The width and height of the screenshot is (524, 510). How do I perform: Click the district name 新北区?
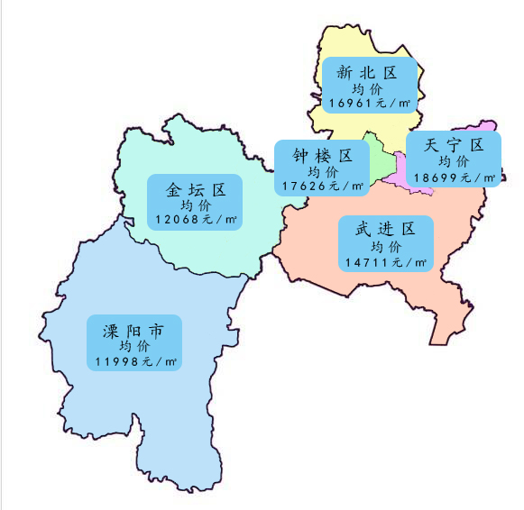[x=366, y=72]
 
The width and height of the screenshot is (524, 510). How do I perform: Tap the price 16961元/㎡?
[x=367, y=104]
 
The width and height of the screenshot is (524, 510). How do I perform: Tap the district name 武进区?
[x=385, y=229]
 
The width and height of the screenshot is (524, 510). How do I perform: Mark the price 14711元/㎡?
[x=385, y=262]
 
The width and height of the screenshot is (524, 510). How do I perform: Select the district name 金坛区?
[x=195, y=190]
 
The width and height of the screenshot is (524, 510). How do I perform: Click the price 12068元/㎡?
[x=195, y=219]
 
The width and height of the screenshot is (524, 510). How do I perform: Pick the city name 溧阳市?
[x=134, y=332]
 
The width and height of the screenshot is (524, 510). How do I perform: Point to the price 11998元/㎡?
[x=135, y=361]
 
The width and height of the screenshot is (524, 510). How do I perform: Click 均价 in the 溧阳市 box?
[x=134, y=347]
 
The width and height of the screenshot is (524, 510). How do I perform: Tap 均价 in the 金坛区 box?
[x=195, y=205]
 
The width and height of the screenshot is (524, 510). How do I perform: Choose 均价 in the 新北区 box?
[x=367, y=89]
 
